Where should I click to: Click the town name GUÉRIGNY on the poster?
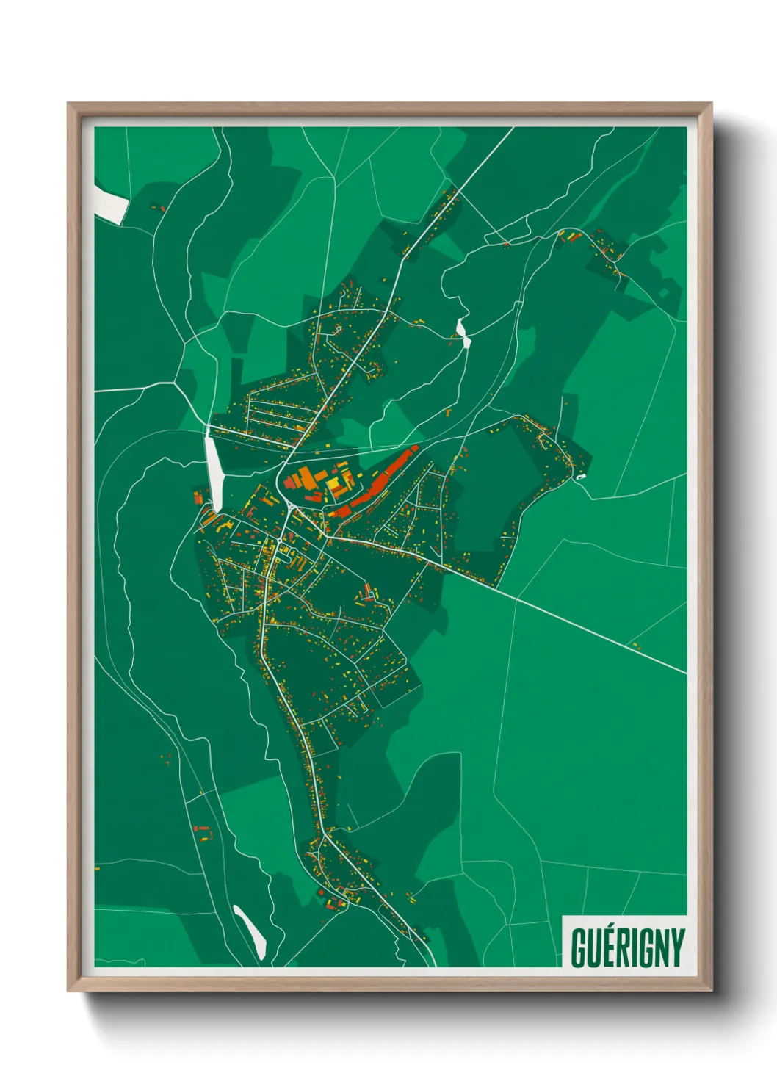[x=627, y=947]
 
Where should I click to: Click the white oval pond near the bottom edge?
[x=250, y=931]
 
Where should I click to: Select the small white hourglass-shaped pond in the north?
[x=463, y=332]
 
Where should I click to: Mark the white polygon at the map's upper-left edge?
[x=110, y=201]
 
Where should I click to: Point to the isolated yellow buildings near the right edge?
[x=635, y=646]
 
